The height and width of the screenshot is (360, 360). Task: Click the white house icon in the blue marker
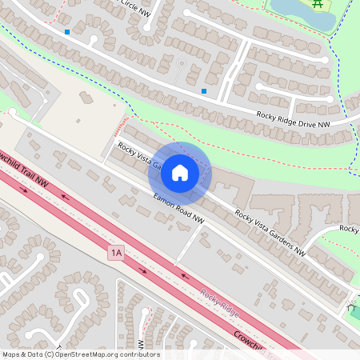180,172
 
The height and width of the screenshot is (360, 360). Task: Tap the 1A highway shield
117,253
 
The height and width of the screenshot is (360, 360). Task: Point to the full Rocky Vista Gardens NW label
270,232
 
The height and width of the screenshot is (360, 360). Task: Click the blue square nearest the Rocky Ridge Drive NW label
204,91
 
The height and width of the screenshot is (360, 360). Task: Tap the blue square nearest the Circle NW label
67,33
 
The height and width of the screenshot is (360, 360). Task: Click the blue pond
301,13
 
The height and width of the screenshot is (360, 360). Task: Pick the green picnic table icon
318,5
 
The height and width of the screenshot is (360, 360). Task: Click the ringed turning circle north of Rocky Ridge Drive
181,62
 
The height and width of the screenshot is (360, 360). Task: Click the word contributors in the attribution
141,354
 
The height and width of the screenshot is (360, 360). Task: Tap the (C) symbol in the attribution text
50,354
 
